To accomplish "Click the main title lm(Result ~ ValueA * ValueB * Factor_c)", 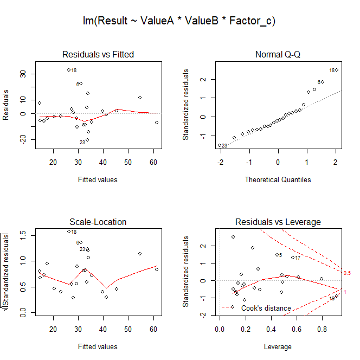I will (179, 22).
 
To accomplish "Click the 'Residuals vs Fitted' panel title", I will (98, 55).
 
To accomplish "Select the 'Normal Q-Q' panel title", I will (278, 55).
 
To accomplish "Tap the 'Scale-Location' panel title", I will (98, 222).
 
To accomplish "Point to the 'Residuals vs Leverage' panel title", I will (278, 222).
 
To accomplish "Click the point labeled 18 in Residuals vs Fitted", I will (69, 70).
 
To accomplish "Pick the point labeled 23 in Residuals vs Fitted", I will (87, 140).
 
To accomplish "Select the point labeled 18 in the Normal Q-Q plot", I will (336, 70).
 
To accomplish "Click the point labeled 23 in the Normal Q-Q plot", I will (220, 145).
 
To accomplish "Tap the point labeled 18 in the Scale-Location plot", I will (69, 232).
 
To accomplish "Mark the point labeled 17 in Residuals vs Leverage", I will (293, 258).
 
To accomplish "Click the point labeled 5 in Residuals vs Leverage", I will (277, 255).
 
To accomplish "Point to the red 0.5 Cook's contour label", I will (347, 273).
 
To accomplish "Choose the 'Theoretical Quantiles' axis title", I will (278, 179).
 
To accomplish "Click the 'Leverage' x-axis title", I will (278, 346).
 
